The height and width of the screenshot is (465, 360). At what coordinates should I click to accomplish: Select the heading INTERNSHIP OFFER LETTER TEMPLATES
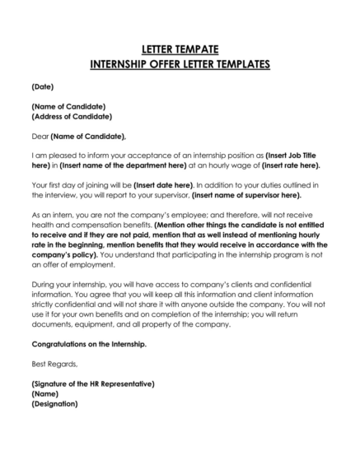point(180,64)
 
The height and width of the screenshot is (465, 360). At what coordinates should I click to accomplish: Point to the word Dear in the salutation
point(40,136)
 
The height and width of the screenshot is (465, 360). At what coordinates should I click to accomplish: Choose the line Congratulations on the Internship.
point(89,343)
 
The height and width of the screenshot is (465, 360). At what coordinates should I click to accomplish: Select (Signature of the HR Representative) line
point(93,384)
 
